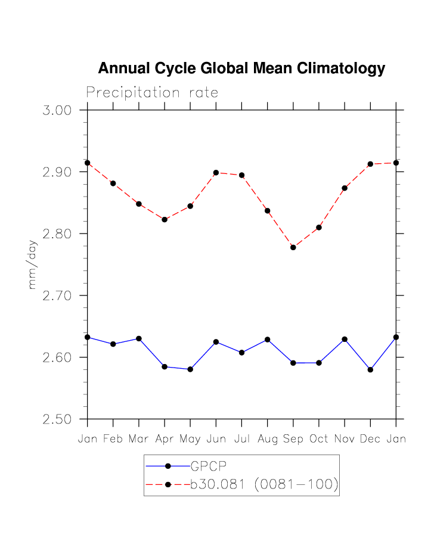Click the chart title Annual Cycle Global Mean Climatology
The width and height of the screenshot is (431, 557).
(241, 69)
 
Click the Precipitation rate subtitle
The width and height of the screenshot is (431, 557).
(152, 93)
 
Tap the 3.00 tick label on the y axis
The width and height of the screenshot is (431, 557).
(57, 111)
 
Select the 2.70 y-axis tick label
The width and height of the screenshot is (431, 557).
(57, 296)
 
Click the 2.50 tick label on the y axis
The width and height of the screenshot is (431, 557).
(57, 419)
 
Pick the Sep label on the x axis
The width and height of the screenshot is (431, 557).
(293, 439)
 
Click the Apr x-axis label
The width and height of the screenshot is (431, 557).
(165, 440)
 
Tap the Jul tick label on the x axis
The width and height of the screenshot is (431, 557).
(241, 439)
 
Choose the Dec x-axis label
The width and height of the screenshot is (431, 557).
(370, 439)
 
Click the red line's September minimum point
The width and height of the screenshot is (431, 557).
(293, 247)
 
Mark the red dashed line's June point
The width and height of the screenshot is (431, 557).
(216, 173)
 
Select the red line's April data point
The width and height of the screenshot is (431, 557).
(165, 220)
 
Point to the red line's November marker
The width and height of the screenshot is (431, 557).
(345, 188)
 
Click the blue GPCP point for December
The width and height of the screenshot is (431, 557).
(370, 370)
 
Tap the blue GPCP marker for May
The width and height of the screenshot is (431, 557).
(190, 369)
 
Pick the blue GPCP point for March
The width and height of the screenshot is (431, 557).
(139, 338)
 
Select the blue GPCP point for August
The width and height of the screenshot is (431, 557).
(268, 340)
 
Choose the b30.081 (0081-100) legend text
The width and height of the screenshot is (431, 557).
(264, 485)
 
